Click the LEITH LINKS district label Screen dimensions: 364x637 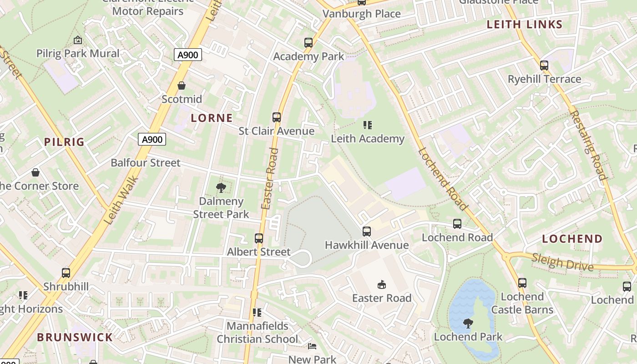click(525, 25)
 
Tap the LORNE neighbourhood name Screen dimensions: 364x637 click(212, 118)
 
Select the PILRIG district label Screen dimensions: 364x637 click(65, 142)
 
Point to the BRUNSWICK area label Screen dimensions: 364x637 click(75, 337)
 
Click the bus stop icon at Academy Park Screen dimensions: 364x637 click(308, 43)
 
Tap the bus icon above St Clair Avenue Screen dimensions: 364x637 click(277, 117)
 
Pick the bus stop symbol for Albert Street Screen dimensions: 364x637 click(259, 238)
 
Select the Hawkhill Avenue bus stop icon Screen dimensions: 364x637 click(367, 232)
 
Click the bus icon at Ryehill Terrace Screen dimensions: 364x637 click(544, 66)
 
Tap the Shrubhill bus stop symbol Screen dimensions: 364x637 click(66, 273)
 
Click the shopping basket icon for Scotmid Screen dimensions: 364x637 click(182, 86)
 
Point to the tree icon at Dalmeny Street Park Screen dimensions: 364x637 click(221, 187)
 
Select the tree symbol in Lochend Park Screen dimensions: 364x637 click(468, 324)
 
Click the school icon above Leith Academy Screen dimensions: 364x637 click(368, 125)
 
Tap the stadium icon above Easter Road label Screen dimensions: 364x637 click(382, 285)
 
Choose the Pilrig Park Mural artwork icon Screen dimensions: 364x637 click(78, 40)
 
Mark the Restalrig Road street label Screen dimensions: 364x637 click(588, 146)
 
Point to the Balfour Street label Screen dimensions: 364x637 click(146, 163)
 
